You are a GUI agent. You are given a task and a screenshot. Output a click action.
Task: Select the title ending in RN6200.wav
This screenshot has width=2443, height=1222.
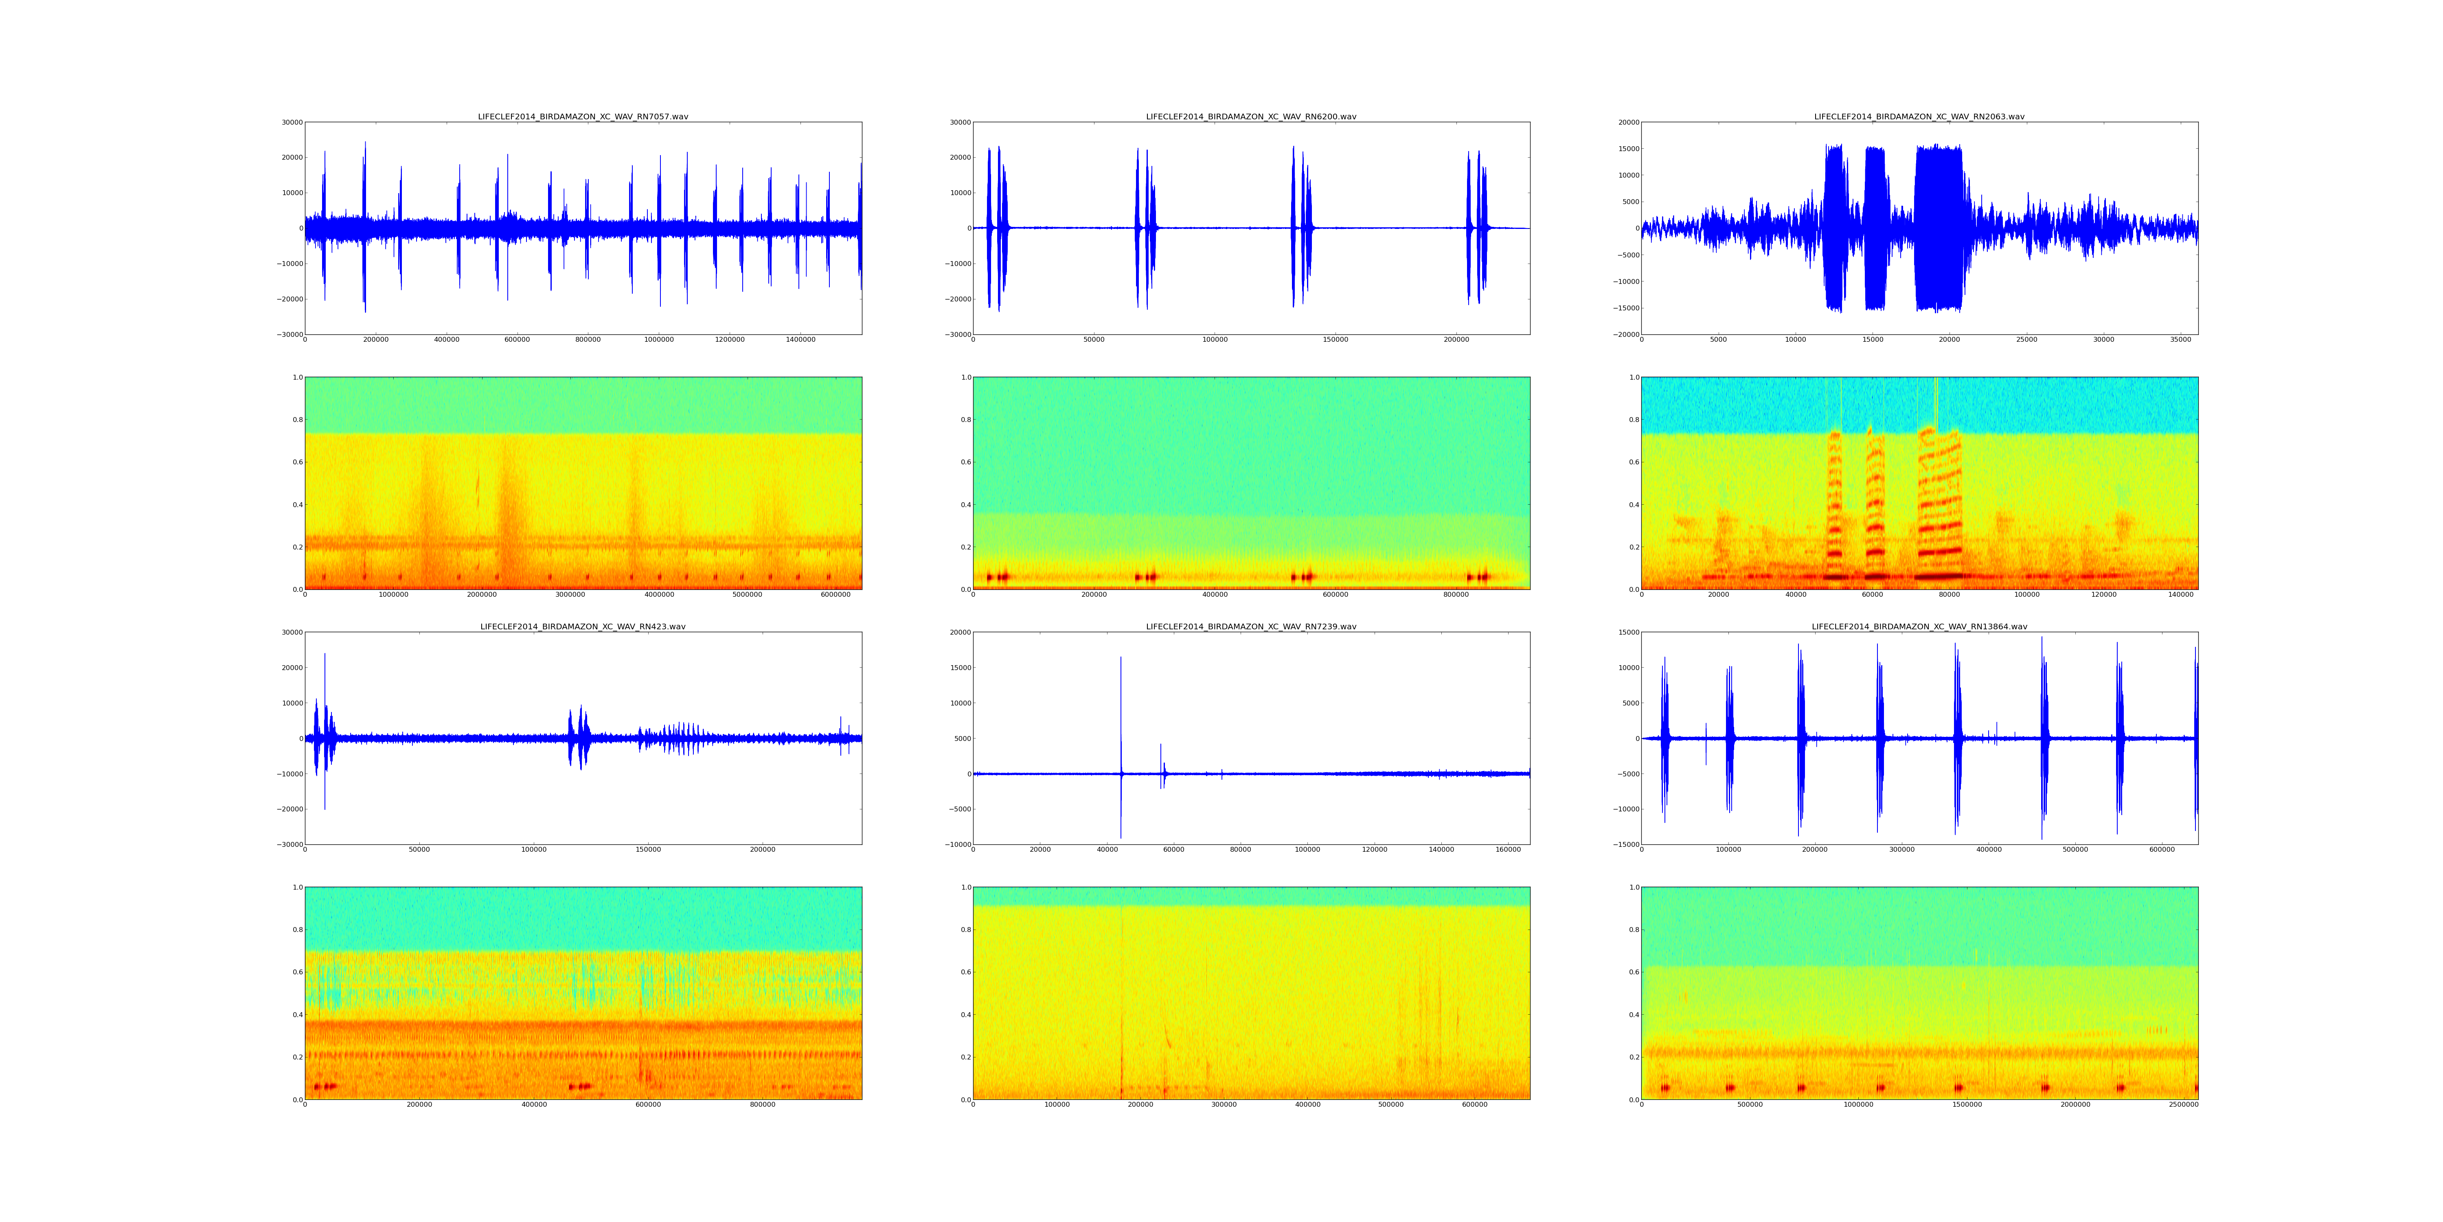[1251, 116]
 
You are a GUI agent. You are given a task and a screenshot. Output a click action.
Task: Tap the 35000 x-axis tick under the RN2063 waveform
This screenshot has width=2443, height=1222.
[2180, 340]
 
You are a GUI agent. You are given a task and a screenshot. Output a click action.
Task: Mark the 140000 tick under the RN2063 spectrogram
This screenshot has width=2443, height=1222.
[2180, 595]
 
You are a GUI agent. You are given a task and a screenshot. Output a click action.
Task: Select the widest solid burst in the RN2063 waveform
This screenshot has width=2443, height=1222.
[1939, 228]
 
